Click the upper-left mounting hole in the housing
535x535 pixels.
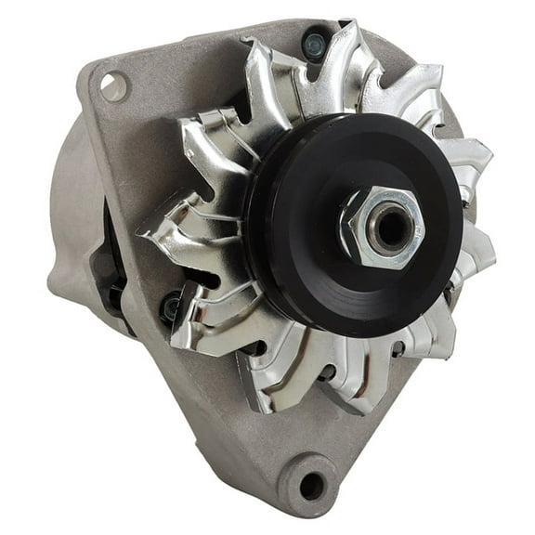coord(112,86)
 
